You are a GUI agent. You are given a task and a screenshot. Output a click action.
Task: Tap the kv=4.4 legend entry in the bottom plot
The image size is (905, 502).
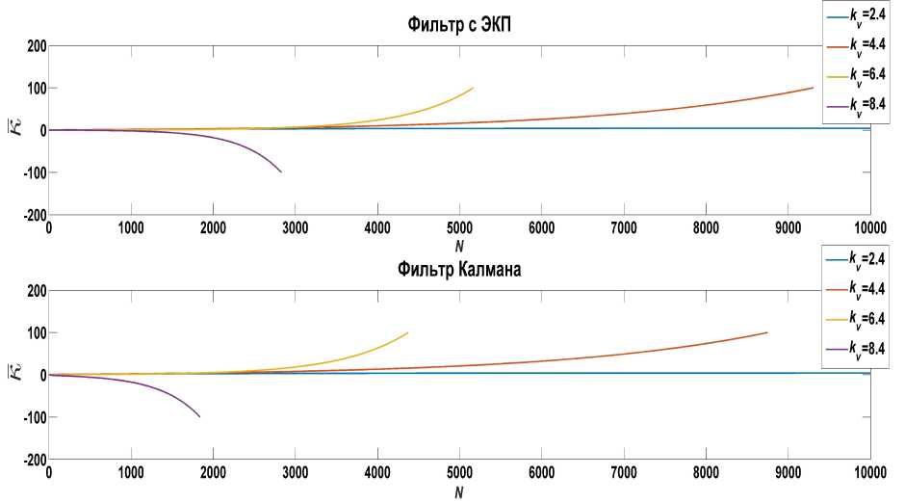[857, 288]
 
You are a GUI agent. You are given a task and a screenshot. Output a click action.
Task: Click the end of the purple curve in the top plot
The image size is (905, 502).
[281, 172]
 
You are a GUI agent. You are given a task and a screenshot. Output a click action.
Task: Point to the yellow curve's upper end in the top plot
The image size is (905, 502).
[473, 89]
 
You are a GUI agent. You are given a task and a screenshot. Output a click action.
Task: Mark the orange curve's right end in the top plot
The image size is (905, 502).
[813, 89]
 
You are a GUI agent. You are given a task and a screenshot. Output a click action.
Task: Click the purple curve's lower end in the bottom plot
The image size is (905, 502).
[199, 416]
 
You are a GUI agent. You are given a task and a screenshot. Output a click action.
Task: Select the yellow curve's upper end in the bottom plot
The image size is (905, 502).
[407, 333]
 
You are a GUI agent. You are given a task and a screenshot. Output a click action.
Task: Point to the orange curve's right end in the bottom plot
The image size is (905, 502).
[766, 333]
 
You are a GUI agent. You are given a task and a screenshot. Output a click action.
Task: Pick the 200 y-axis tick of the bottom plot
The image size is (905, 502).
[35, 291]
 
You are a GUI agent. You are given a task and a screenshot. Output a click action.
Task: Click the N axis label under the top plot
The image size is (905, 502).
[459, 245]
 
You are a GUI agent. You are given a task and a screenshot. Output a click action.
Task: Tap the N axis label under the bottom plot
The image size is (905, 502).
[459, 491]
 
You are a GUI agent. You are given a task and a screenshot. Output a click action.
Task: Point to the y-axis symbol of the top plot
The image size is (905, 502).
[12, 130]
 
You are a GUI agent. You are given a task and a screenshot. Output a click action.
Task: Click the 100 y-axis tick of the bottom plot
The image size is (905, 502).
[35, 333]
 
